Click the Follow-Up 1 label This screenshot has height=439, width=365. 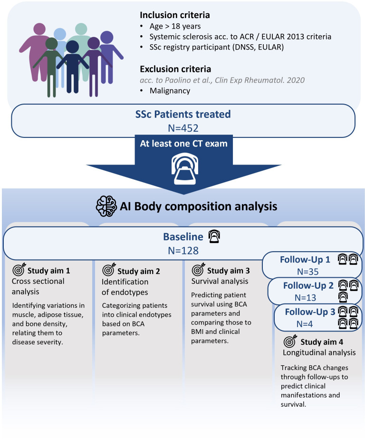pos(304,260)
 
